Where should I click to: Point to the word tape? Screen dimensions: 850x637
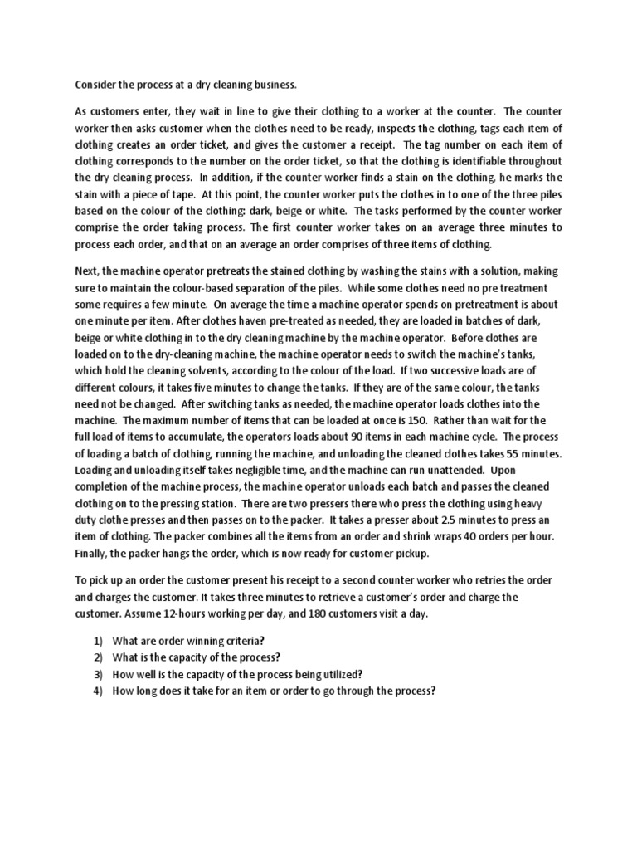coord(176,194)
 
